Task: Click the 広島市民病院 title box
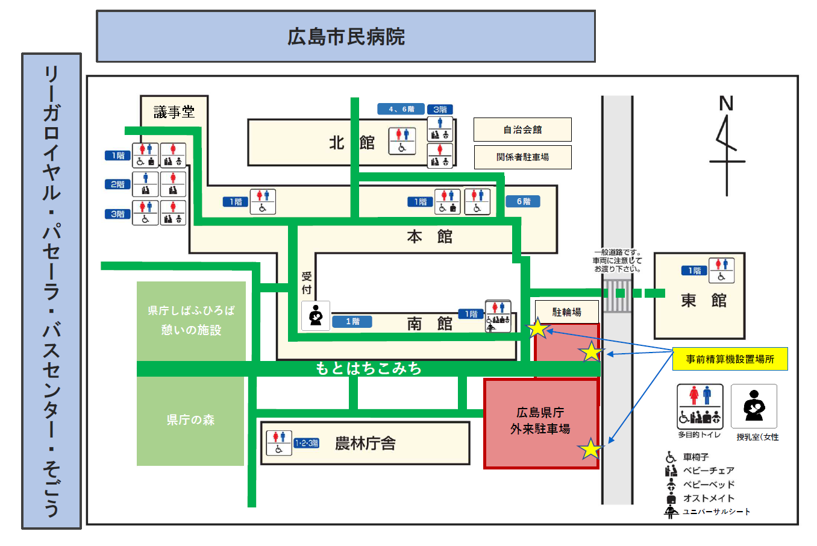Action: (346, 37)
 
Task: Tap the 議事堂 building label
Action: (174, 112)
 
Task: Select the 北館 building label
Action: (352, 143)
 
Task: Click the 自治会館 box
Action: (522, 130)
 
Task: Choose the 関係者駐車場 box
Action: (522, 157)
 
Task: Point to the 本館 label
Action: (429, 237)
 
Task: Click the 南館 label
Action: (429, 324)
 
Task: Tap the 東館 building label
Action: (703, 300)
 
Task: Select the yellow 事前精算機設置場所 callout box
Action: (730, 359)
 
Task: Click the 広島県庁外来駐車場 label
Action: (540, 421)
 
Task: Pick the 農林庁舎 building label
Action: (365, 444)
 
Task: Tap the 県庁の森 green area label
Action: (190, 420)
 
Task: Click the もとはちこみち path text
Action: (368, 368)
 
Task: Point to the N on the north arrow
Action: (726, 104)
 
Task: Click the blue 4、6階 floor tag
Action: (401, 109)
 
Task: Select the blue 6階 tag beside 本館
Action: (523, 201)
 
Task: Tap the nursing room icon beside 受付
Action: (316, 316)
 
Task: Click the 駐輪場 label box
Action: (567, 312)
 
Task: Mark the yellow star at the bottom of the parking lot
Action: (590, 449)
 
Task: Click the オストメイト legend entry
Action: (709, 498)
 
